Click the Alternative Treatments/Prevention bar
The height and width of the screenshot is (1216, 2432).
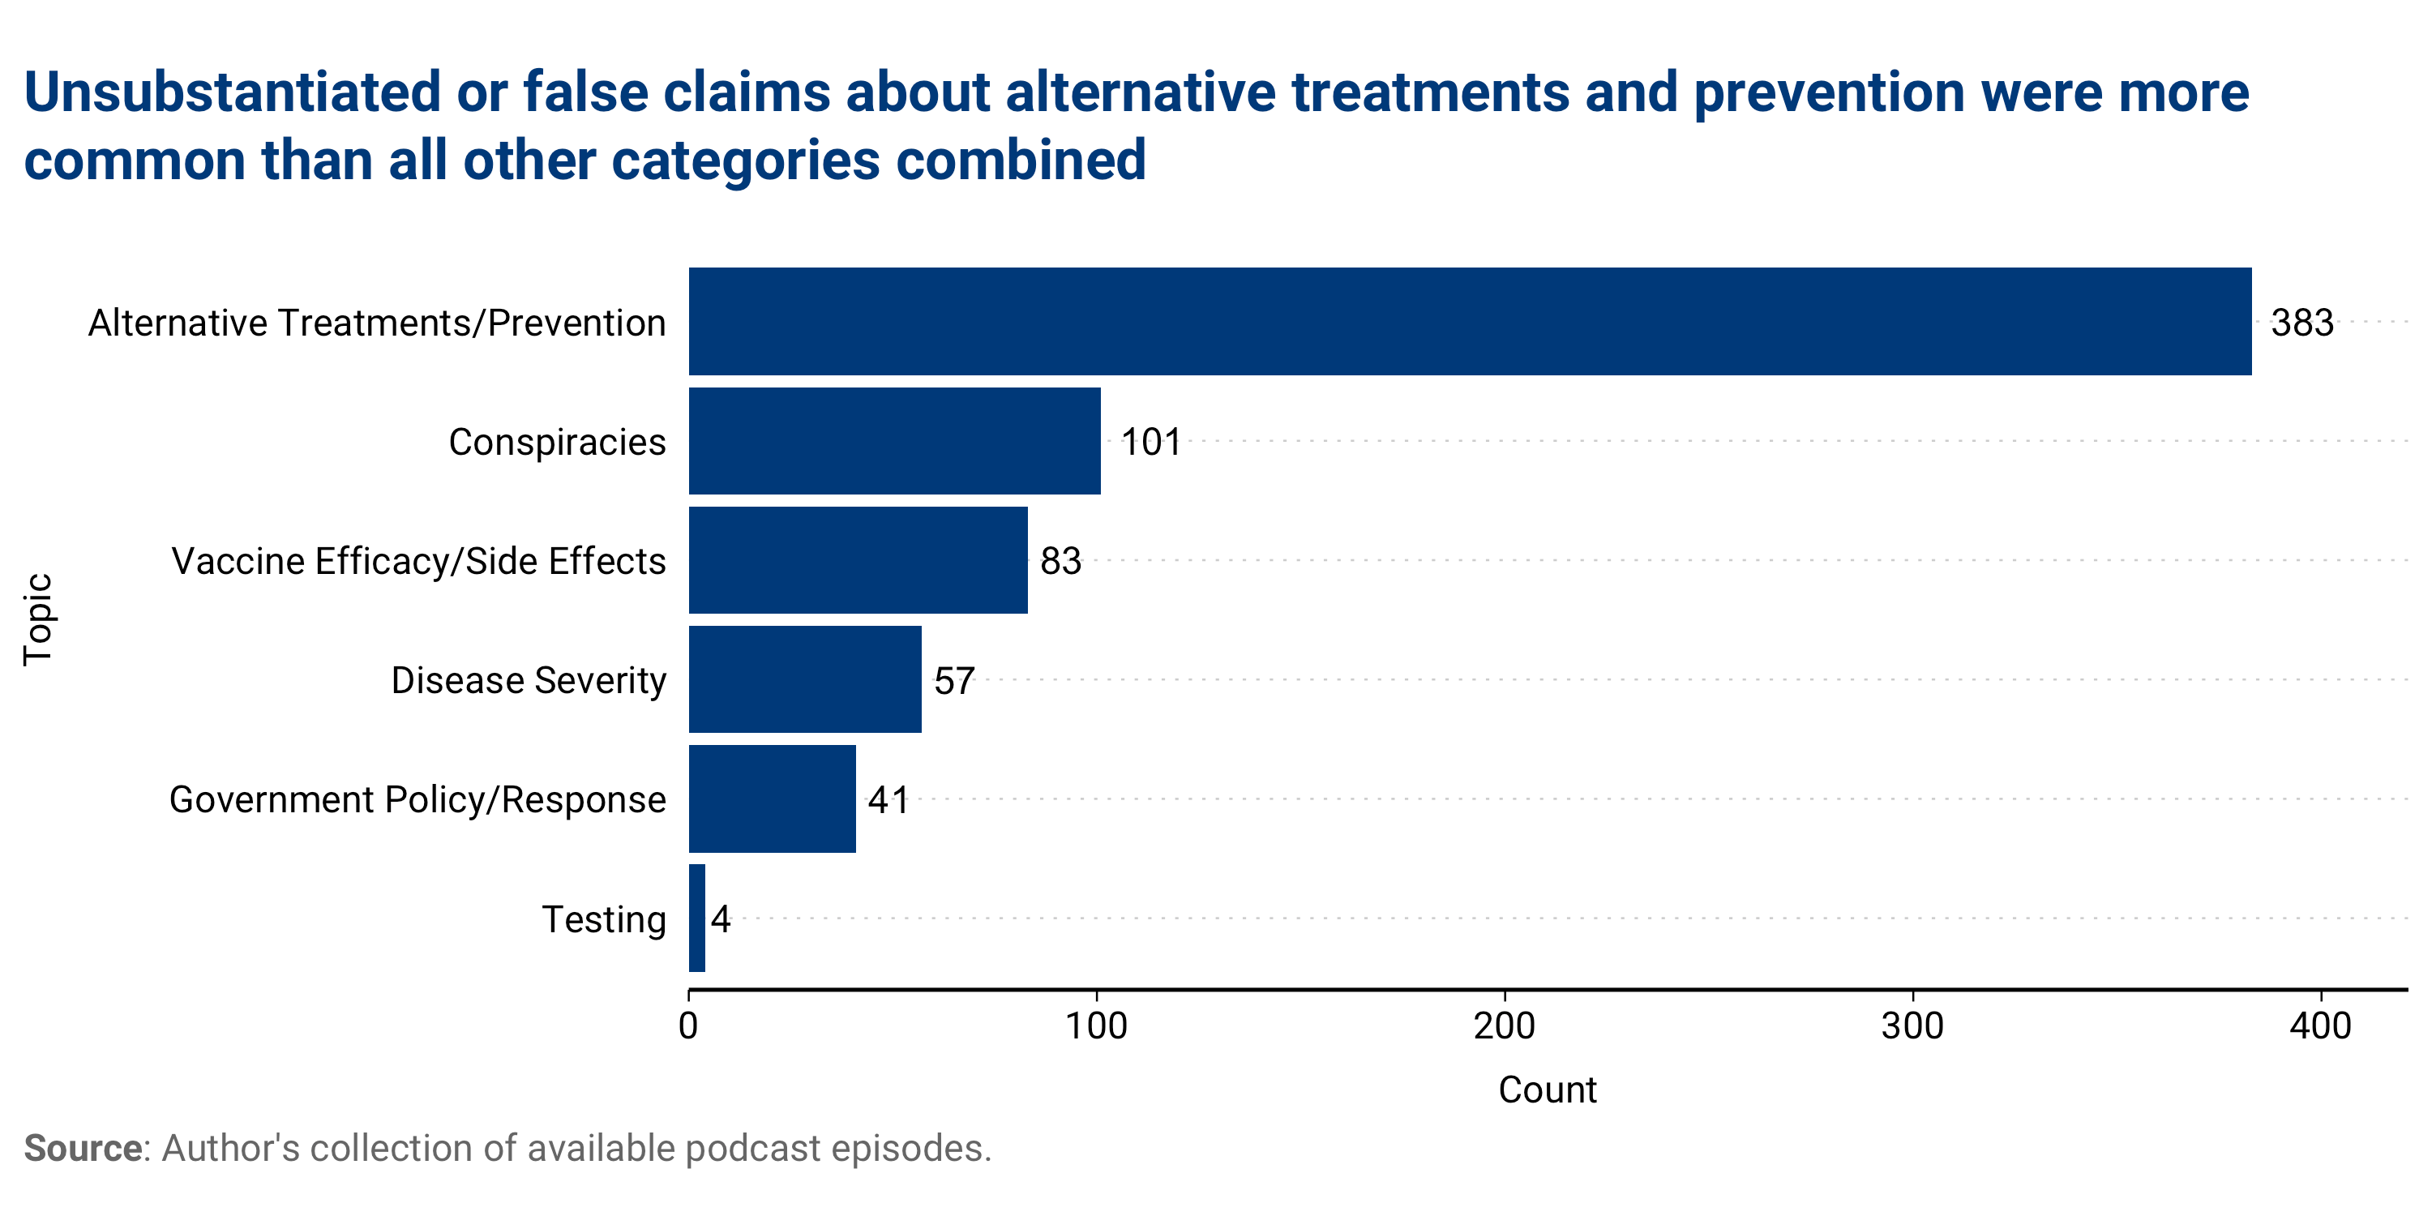pos(1469,321)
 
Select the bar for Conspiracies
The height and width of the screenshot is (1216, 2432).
pos(894,441)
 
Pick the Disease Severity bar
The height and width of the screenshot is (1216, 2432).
pos(804,679)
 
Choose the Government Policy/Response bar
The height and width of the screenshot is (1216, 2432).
pos(771,799)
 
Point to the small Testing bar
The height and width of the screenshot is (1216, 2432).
pos(696,918)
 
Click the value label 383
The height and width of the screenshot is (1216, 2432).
pos(2301,323)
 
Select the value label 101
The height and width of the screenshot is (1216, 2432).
pos(1150,442)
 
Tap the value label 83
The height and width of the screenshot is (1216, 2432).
pos(1060,562)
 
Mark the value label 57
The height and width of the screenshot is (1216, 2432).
pos(953,681)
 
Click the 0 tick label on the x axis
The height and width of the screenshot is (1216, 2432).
pos(688,1026)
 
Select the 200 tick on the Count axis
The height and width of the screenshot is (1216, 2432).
pos(1504,1026)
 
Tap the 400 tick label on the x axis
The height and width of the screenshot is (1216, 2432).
pos(2319,1026)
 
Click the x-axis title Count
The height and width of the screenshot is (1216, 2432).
pos(1547,1090)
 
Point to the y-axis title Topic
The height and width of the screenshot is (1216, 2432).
pos(39,619)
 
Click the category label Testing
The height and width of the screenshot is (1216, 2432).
pos(603,919)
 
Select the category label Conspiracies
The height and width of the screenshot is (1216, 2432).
pos(557,442)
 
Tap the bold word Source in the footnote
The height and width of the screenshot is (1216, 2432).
pos(82,1149)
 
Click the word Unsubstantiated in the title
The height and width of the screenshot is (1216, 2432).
pos(232,92)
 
